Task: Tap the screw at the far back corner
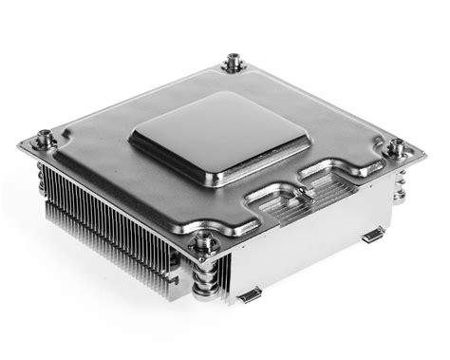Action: pyautogui.click(x=233, y=64)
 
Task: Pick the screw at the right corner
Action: pyautogui.click(x=399, y=148)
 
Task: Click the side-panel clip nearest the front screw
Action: pyautogui.click(x=249, y=295)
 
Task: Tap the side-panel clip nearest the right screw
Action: pyautogui.click(x=373, y=235)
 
